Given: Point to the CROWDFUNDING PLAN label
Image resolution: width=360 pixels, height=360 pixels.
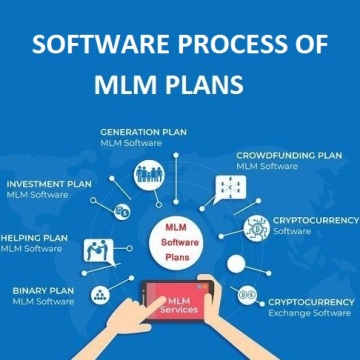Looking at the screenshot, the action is coord(288,156).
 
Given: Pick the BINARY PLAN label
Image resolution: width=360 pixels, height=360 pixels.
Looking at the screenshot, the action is coord(44,290).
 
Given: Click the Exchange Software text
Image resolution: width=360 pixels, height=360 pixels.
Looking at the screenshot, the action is coord(310,311).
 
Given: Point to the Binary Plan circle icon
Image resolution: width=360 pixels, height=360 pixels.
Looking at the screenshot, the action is coord(100,294).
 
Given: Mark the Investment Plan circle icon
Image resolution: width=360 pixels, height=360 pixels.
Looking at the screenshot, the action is coord(122,211).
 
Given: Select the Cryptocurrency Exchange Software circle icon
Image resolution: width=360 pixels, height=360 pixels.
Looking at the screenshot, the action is coord(243,295).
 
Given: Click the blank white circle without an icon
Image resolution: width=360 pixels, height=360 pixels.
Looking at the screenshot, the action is coord(235,266).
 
